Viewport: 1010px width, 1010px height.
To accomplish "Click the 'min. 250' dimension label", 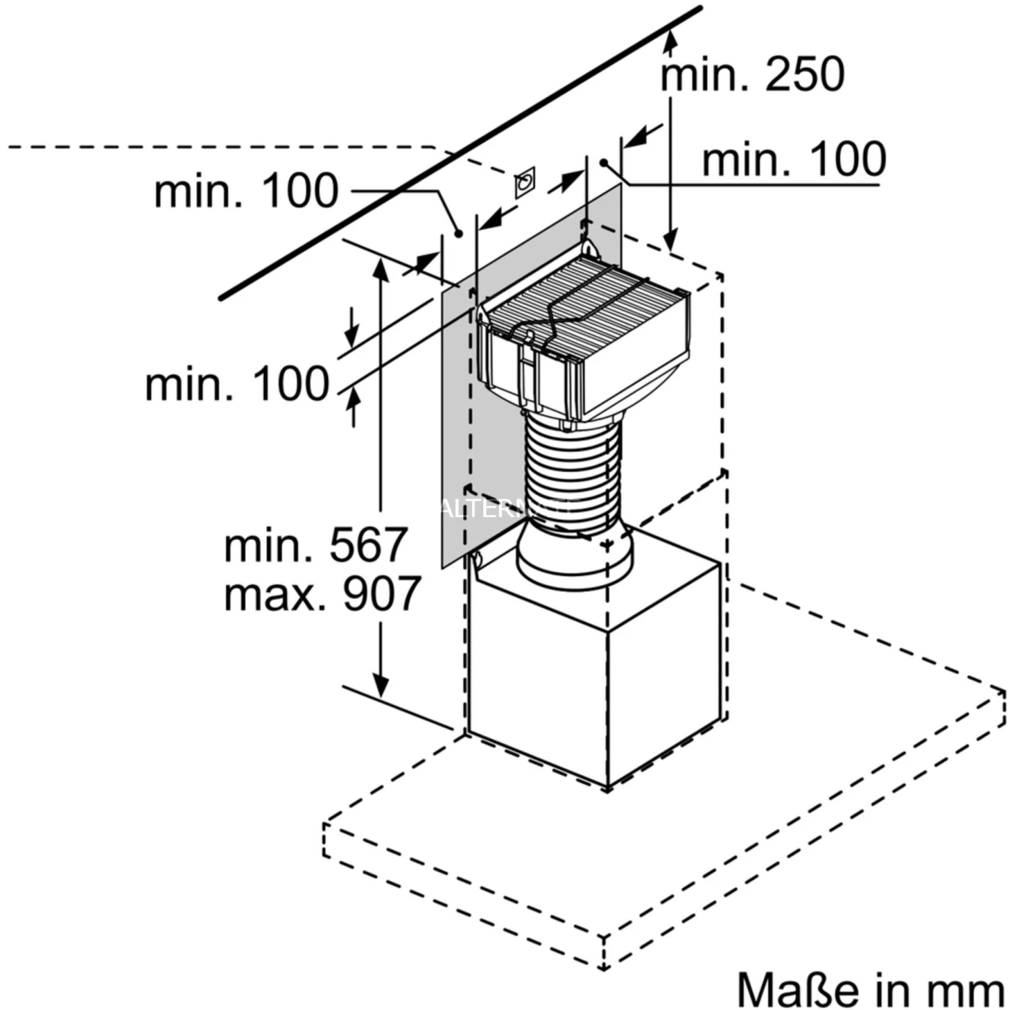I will (x=752, y=74).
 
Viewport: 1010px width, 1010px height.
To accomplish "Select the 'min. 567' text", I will (x=315, y=545).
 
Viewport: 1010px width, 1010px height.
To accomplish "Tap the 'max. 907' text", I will (x=322, y=594).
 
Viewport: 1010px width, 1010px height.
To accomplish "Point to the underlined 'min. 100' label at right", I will (x=793, y=160).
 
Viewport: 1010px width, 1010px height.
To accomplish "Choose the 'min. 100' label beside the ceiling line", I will (x=246, y=191).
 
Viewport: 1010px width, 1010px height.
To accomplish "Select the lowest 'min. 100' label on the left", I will (x=237, y=384).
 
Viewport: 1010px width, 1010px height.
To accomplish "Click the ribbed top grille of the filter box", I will (x=586, y=290).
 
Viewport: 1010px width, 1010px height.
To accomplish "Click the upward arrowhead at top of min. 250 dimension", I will (x=670, y=42).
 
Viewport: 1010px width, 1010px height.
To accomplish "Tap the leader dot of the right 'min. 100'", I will (x=605, y=163).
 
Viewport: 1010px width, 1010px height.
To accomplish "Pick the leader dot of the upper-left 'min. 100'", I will (x=459, y=234).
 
